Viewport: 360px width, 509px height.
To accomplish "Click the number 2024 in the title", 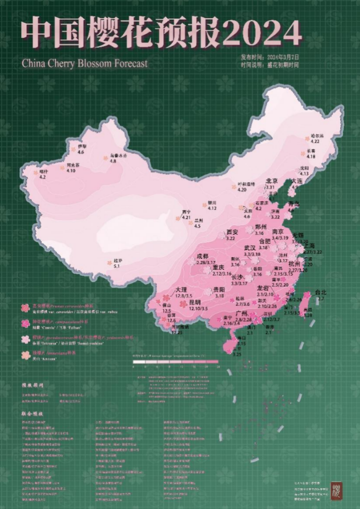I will coord(262,33).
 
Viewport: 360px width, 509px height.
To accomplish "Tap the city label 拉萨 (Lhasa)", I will coord(117,260).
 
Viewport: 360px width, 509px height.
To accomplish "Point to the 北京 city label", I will coord(272,181).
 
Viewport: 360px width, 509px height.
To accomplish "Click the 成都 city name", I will coord(203,256).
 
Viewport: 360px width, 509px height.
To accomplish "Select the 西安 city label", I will coord(232,232).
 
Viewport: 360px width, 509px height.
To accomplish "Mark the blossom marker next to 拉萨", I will coord(108,263).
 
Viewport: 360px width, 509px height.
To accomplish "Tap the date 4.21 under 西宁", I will coord(186,218).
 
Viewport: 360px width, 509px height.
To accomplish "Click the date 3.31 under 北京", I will coord(270,187).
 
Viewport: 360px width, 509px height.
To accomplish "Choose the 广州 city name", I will coord(242,314).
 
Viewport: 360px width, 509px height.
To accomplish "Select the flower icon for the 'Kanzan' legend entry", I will coord(24,355).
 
